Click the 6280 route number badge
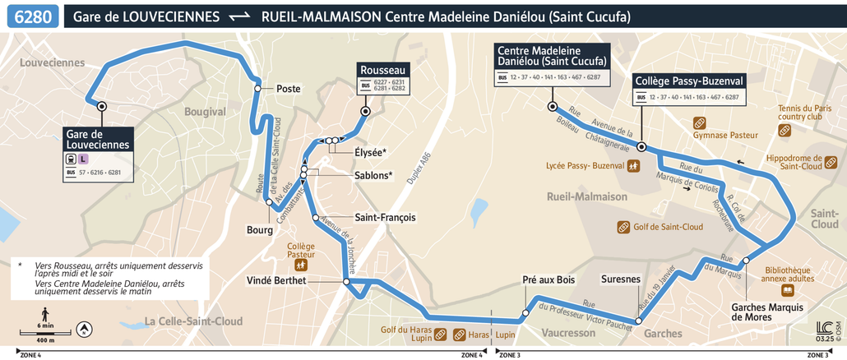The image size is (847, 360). (30, 16)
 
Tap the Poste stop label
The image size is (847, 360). (289, 89)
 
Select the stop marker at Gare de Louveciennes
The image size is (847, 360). (102, 106)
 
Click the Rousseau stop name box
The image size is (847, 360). (382, 71)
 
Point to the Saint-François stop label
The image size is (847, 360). (384, 218)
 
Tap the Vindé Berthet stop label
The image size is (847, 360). (276, 280)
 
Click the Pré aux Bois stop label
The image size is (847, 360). (548, 279)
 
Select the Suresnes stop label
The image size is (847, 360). (621, 279)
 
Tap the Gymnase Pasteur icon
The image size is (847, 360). (699, 121)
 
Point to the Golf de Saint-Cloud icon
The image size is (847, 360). (624, 227)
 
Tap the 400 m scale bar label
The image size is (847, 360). (45, 339)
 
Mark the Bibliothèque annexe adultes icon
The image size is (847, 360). (788, 290)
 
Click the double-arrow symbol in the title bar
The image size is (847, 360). (239, 16)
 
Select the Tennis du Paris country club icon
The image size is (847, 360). (785, 130)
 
